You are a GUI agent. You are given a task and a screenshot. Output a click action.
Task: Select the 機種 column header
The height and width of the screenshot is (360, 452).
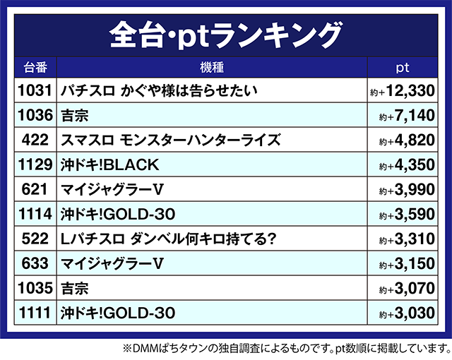[x=211, y=68]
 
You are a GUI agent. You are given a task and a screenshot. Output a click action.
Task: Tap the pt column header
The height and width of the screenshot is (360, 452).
[x=403, y=68]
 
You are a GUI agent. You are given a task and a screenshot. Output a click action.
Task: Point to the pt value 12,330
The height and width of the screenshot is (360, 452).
[x=409, y=91]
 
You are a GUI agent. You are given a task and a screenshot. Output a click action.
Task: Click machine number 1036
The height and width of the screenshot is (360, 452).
[x=35, y=115]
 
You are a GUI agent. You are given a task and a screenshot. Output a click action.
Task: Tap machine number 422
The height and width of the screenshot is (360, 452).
[x=35, y=140]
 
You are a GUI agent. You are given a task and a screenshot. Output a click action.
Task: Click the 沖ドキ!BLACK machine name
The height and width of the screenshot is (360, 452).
[x=110, y=164]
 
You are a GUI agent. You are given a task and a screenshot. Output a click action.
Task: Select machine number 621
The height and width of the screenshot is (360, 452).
[x=35, y=189]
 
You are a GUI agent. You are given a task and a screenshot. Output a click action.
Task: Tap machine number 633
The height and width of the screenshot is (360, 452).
[x=35, y=263]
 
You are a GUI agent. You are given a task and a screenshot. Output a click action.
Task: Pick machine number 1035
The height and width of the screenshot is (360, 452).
[x=35, y=288]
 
